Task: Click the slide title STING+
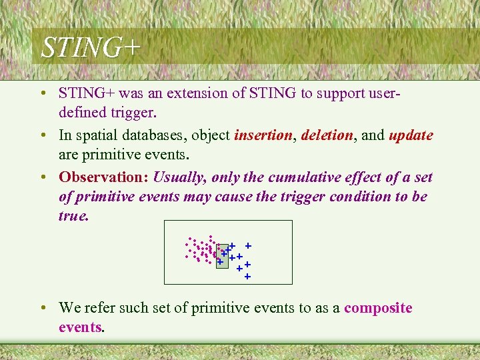(x=91, y=48)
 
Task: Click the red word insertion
(x=263, y=135)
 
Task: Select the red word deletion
(x=327, y=135)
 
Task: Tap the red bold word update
(x=411, y=135)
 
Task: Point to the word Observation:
(x=103, y=177)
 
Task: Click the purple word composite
(x=378, y=308)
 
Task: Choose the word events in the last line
(x=80, y=327)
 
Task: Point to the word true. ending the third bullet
(x=73, y=216)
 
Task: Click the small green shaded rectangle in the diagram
(x=222, y=251)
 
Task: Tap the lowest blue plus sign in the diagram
(x=247, y=276)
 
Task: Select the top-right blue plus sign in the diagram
(x=247, y=246)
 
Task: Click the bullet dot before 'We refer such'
(x=42, y=309)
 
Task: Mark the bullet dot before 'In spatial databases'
(x=42, y=136)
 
